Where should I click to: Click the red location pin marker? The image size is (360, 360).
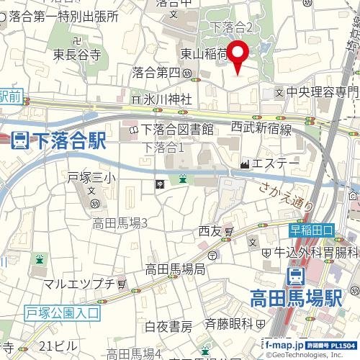point(239,56)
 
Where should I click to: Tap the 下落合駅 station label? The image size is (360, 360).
point(68,140)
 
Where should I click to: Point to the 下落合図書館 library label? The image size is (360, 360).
point(177,130)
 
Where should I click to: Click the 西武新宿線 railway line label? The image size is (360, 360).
point(261,129)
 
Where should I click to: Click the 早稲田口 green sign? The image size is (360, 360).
point(312,230)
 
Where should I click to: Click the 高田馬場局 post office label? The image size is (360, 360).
point(175,269)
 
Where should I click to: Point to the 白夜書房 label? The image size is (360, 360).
point(168,327)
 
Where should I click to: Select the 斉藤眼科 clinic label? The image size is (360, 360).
point(229,323)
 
